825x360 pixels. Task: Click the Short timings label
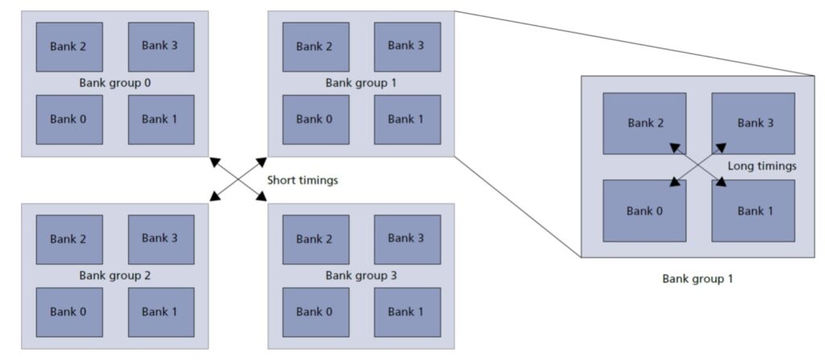coord(302,180)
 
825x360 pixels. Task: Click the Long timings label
coord(762,167)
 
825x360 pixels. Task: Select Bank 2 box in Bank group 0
coord(69,47)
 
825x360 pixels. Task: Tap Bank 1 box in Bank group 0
coord(161,119)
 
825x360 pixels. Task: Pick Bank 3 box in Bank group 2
coord(161,239)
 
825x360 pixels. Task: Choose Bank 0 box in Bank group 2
coord(69,312)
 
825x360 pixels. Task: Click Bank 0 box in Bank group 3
coord(316,312)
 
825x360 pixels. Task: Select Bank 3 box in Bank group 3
coord(407,239)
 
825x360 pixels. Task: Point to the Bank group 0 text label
coord(115,83)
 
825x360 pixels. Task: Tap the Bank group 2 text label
coord(115,275)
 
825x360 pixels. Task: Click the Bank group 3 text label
coord(362,275)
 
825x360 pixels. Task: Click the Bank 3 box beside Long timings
coord(753,123)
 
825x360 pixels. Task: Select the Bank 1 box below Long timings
coord(753,210)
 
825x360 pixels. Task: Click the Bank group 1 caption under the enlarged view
coord(697,279)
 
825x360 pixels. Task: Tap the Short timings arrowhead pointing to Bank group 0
coord(214,160)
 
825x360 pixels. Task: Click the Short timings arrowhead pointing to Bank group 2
coord(214,197)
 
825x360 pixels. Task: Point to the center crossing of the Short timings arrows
coord(238,179)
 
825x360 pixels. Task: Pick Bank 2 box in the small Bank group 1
coord(316,47)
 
